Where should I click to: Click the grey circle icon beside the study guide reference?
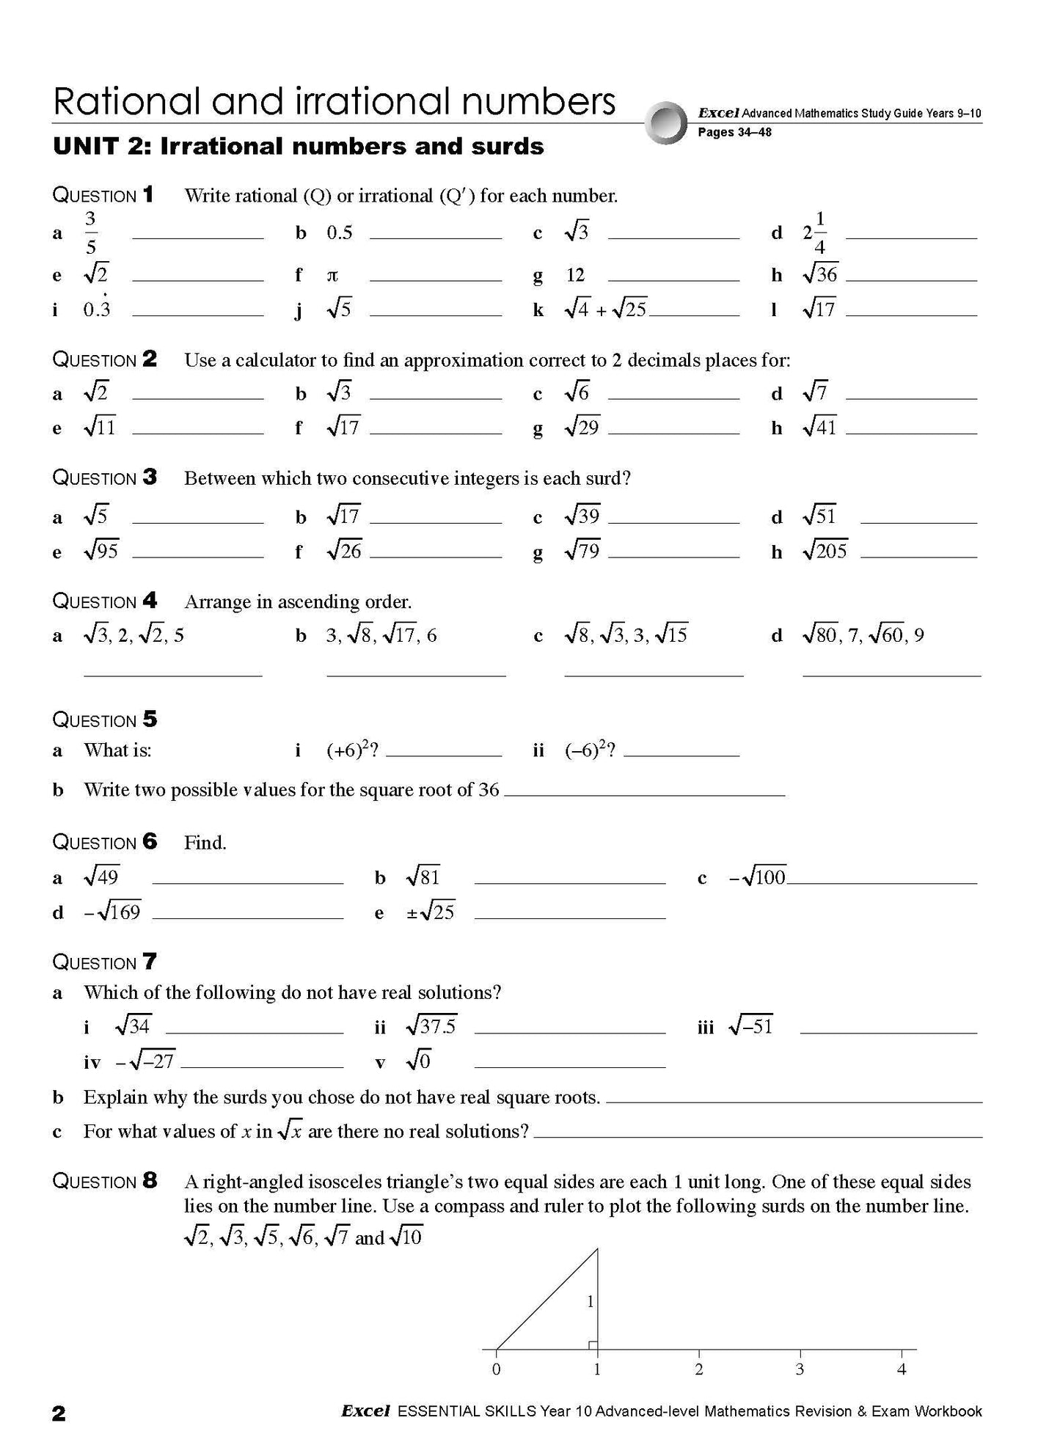[x=666, y=122]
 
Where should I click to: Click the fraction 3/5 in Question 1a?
[x=91, y=233]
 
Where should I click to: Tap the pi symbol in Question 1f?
[x=332, y=276]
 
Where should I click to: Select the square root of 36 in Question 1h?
[x=820, y=274]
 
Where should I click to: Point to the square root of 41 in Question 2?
[x=820, y=427]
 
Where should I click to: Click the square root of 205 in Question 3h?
[x=825, y=550]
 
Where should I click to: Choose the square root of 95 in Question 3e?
[x=101, y=550]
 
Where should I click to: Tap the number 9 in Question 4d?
[x=919, y=635]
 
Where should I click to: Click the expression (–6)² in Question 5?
[x=588, y=750]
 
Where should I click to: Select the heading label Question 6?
[x=104, y=842]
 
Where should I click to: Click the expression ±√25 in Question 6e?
[x=431, y=912]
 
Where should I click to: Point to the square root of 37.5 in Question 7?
[x=431, y=1025]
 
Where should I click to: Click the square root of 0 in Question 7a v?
[x=419, y=1060]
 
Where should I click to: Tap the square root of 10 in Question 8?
[x=406, y=1238]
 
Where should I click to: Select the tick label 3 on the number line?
[x=800, y=1369]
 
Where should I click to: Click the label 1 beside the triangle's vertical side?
[x=590, y=1302]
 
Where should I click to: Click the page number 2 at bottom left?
[x=59, y=1413]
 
